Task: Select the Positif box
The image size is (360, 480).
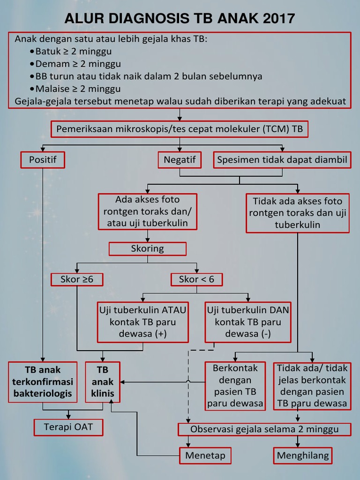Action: point(43,160)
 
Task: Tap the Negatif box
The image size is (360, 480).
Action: point(180,160)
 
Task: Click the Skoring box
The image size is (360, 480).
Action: point(147,248)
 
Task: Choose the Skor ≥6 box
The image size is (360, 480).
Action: point(77,279)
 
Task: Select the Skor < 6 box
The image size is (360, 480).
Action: point(196,279)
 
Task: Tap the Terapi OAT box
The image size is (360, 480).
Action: point(68,427)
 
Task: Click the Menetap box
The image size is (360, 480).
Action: point(205,455)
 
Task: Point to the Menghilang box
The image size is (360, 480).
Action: point(303,455)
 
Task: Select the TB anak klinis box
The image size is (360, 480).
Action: point(102,382)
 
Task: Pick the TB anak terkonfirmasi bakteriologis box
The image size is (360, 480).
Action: point(43,382)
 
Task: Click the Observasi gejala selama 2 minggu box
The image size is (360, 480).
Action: point(264,429)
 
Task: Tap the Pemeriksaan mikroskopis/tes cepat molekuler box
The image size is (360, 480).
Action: point(180,129)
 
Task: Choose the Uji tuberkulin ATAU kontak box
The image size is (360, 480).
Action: point(142,322)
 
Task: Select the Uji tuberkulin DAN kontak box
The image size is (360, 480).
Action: point(248,322)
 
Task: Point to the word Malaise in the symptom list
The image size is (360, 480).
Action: point(51,89)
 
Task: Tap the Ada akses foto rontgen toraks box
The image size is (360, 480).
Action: point(147,211)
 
